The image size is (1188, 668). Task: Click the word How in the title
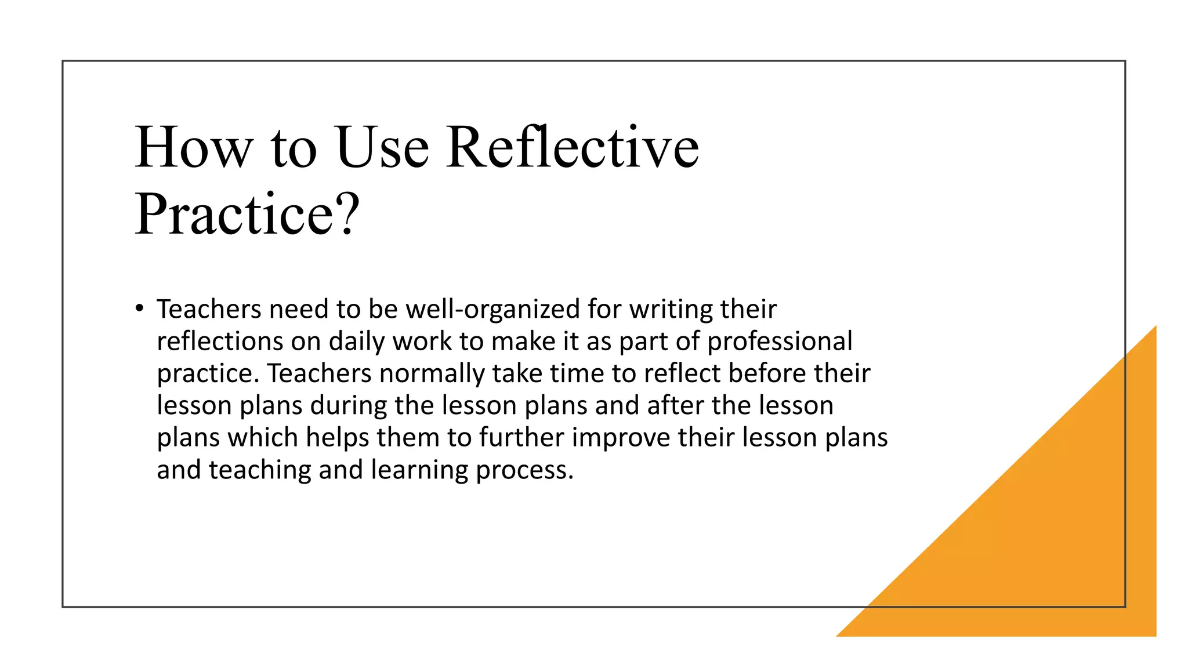coord(193,148)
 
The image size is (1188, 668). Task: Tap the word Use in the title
coord(382,148)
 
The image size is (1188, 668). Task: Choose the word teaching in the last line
coord(260,470)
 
